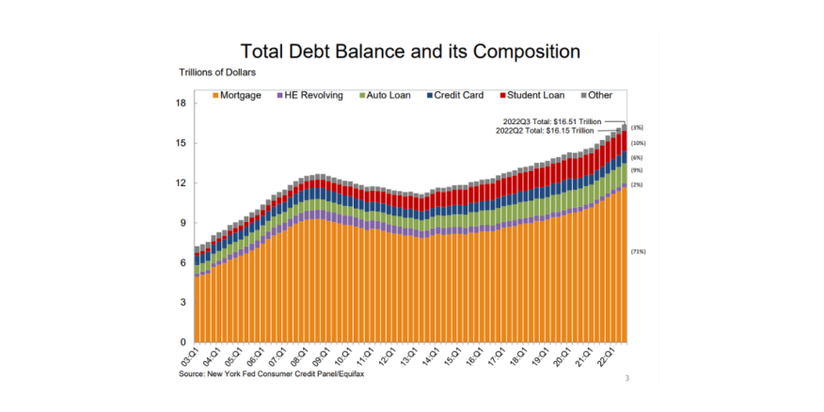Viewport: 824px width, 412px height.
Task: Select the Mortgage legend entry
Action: [x=236, y=96]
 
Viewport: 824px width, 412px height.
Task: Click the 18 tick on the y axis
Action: [x=181, y=103]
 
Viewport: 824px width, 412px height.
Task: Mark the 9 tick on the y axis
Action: [x=183, y=223]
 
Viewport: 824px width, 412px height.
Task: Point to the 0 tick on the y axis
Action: [x=183, y=342]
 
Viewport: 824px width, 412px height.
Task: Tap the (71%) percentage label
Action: [x=638, y=251]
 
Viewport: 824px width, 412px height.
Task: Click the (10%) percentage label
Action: [x=638, y=143]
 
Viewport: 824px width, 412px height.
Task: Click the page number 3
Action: [x=626, y=379]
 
